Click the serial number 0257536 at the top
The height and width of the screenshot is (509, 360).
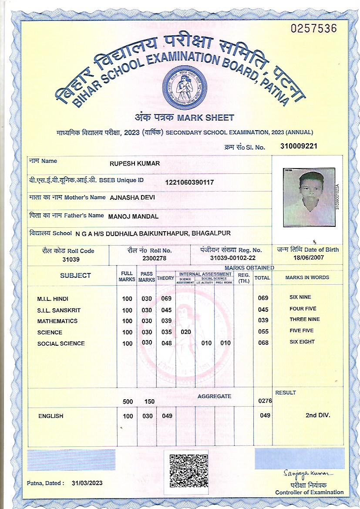click(x=313, y=29)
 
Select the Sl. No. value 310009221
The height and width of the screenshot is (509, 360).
click(x=299, y=146)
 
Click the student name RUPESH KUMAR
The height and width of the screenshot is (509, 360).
click(x=135, y=163)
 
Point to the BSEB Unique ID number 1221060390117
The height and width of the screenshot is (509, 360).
click(x=189, y=182)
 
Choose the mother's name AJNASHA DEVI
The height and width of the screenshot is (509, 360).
click(x=132, y=197)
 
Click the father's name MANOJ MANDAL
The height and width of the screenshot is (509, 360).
click(x=133, y=216)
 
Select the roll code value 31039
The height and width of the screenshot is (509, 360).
click(x=68, y=259)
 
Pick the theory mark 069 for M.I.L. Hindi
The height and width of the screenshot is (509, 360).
click(x=166, y=299)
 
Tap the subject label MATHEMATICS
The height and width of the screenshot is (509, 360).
click(x=57, y=321)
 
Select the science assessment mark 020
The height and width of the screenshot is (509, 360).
click(x=186, y=332)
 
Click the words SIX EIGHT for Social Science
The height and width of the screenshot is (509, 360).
click(x=302, y=342)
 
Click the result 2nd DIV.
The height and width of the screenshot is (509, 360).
click(x=317, y=415)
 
